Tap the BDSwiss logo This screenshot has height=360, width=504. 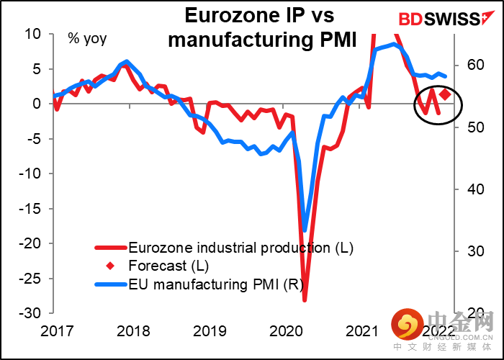click(x=438, y=17)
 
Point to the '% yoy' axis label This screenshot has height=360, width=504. click(x=86, y=38)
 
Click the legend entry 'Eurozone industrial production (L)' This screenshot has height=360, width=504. click(x=241, y=248)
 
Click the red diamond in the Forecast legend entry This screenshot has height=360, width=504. click(x=110, y=267)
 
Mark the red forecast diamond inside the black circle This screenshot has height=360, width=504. click(x=446, y=94)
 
